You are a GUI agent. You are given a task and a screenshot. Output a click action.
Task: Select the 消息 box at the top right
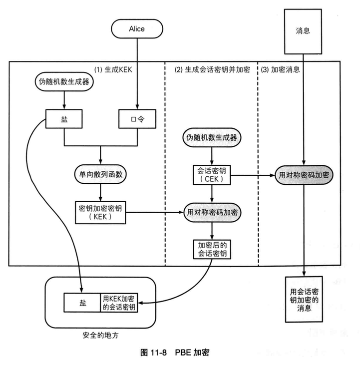point(303,30)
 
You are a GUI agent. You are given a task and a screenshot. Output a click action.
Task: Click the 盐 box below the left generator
point(64,119)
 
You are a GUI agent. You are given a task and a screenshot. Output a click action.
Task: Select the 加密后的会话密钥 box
point(212,248)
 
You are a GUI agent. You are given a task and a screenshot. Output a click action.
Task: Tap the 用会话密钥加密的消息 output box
point(304,299)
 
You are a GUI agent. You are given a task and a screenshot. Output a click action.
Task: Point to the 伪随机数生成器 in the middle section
point(212,137)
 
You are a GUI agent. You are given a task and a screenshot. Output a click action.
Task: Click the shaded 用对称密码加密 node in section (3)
point(304,175)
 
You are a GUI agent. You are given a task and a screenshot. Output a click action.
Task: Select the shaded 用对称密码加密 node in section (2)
point(212,212)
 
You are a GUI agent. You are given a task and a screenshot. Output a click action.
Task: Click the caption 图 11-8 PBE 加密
point(175,352)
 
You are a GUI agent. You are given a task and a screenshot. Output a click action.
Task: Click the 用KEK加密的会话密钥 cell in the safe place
point(119,303)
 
